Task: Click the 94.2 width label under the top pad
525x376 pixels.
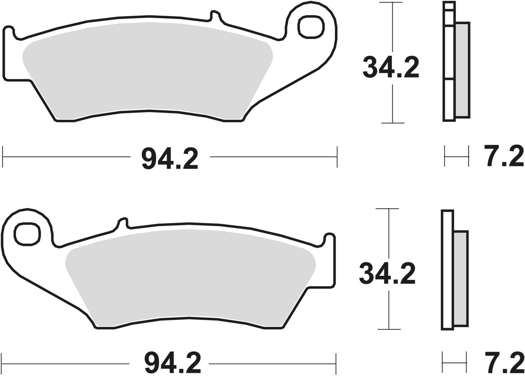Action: pyautogui.click(x=170, y=159)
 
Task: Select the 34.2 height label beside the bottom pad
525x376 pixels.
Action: pyautogui.click(x=387, y=274)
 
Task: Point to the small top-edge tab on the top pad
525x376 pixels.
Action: pyautogui.click(x=215, y=16)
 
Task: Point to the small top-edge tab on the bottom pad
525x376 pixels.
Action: pyautogui.click(x=123, y=223)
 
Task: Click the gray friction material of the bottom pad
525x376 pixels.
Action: pyautogui.click(x=190, y=281)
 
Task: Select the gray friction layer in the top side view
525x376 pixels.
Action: pyautogui.click(x=462, y=69)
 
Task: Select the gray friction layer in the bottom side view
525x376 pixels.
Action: pyautogui.click(x=461, y=279)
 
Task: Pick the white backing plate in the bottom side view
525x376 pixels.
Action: pyautogui.click(x=447, y=270)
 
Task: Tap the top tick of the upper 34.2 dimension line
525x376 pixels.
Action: pyautogui.click(x=392, y=3)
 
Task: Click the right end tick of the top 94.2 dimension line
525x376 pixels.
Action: pyautogui.click(x=336, y=156)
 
